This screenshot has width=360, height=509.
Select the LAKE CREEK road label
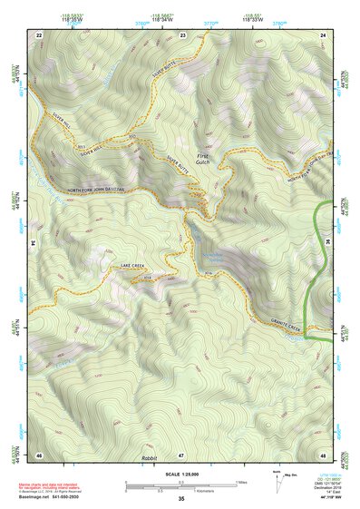click(134, 265)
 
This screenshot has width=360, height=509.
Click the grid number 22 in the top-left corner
click(38, 34)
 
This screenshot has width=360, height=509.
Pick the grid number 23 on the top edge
click(183, 34)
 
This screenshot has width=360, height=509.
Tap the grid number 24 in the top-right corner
click(324, 34)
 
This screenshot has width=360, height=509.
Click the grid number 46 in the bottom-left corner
click(39, 455)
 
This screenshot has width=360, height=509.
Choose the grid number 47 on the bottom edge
click(181, 455)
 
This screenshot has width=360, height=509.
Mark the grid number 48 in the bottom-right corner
click(323, 455)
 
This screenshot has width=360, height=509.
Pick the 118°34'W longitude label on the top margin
click(164, 19)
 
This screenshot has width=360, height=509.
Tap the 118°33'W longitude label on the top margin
click(251, 19)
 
